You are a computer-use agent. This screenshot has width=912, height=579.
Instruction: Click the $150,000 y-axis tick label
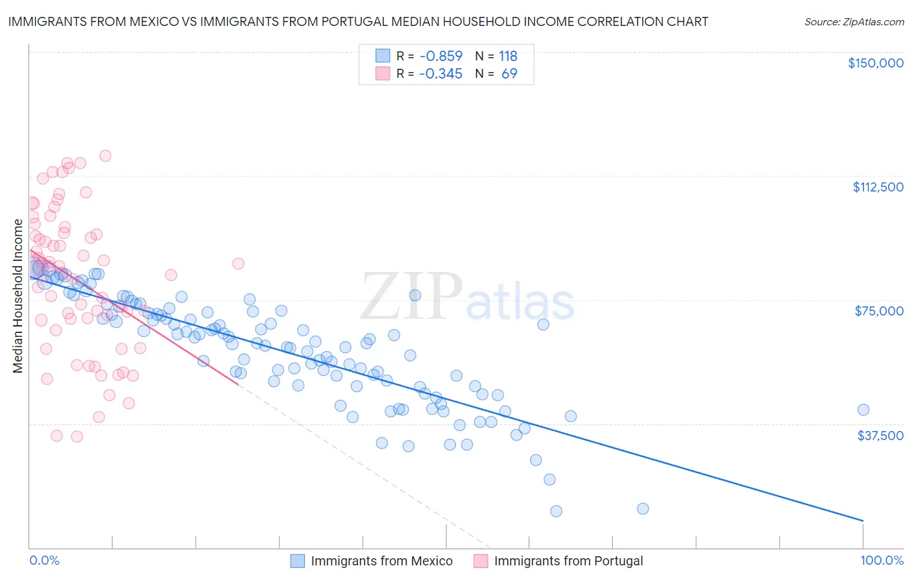(x=875, y=63)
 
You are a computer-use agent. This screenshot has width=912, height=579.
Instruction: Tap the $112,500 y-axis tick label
(x=878, y=187)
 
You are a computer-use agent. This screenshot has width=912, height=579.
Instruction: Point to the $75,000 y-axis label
(x=879, y=311)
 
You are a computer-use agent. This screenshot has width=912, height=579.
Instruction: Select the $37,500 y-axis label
(x=880, y=436)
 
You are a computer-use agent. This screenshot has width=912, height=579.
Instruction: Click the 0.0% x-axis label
(x=44, y=561)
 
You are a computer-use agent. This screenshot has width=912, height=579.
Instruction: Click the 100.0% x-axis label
(x=882, y=561)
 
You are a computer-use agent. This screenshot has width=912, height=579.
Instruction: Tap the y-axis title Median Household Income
(x=18, y=296)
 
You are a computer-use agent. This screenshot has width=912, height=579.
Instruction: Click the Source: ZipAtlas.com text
(x=854, y=21)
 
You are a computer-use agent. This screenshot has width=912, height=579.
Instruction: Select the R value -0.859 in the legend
(x=440, y=56)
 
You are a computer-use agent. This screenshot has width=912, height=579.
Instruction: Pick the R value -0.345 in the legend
(x=440, y=74)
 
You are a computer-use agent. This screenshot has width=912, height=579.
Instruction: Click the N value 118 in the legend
(x=508, y=56)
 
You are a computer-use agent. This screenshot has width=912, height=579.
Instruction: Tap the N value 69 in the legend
(x=509, y=74)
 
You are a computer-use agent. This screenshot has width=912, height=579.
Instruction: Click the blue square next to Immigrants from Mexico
(x=297, y=561)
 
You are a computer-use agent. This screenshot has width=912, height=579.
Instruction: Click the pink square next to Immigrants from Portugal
(x=481, y=561)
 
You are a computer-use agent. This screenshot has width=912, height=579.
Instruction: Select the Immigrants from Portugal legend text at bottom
(x=568, y=561)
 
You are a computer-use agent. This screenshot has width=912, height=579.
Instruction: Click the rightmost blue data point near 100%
(x=863, y=410)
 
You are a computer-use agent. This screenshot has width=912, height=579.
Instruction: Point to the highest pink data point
(x=105, y=156)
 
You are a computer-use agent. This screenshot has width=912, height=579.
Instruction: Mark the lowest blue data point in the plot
(x=556, y=511)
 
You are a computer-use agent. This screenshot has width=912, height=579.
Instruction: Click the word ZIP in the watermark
(x=411, y=297)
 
